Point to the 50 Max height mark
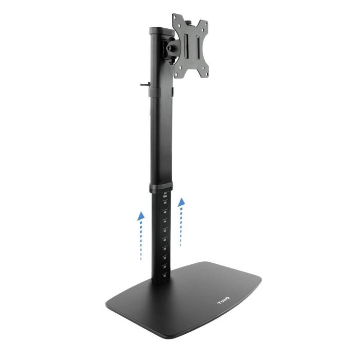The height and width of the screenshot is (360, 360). (x=165, y=195)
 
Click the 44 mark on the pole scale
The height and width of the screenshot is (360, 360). (x=165, y=222)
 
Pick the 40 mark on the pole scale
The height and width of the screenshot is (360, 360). (x=165, y=240)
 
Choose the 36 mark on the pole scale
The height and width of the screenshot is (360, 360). (x=165, y=258)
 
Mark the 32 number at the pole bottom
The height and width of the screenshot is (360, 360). (x=165, y=276)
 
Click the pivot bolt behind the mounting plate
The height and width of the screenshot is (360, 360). (x=170, y=50)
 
